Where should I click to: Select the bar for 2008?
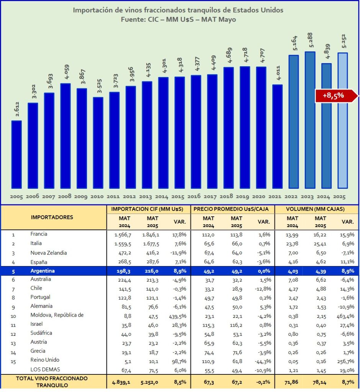pyautogui.click(x=65, y=136)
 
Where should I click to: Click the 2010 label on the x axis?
pyautogui.click(x=98, y=197)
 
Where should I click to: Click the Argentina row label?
pyautogui.click(x=43, y=271)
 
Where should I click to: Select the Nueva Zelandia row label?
pyautogui.click(x=49, y=253)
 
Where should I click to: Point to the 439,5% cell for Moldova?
pyautogui.click(x=177, y=316)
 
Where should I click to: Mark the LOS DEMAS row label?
pyautogui.click(x=45, y=369)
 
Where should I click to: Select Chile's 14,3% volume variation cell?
pyautogui.click(x=347, y=289)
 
